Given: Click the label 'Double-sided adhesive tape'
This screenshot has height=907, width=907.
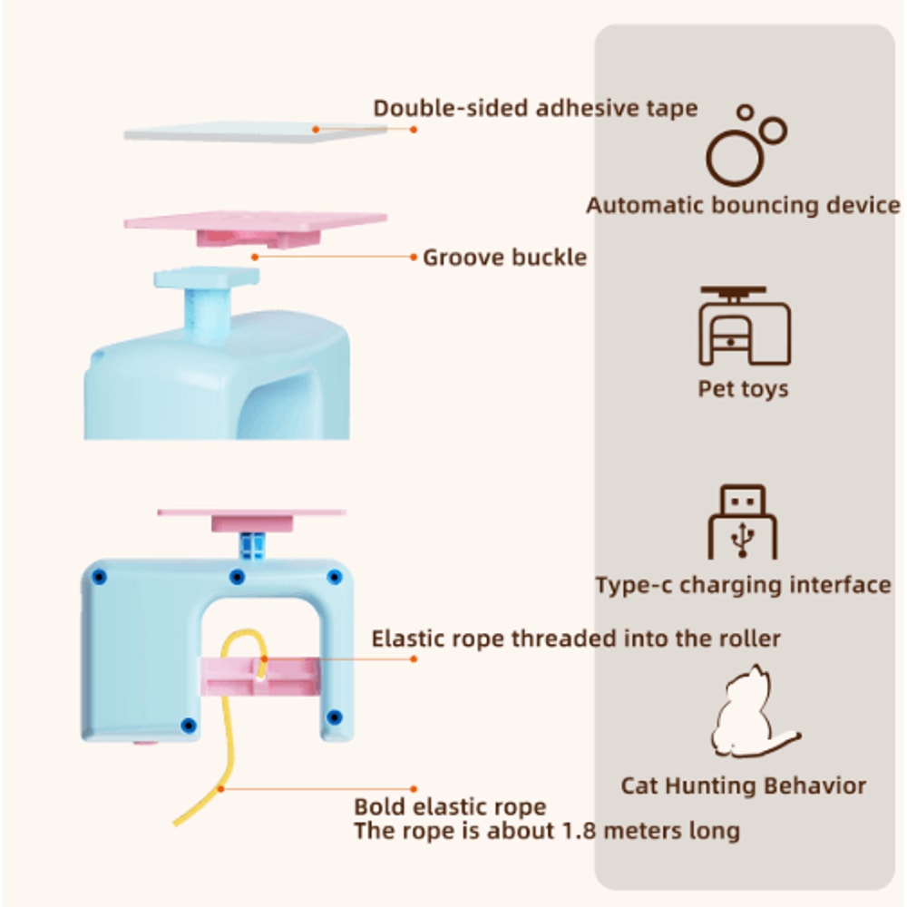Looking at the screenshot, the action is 535,108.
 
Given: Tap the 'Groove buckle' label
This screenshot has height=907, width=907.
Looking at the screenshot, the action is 504,258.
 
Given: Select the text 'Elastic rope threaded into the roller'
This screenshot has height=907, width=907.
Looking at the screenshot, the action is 576,639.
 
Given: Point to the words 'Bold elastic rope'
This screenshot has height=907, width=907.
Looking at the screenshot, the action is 450,806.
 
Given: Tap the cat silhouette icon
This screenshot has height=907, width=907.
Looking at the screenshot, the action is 752,712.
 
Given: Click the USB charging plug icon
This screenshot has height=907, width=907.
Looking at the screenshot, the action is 743,522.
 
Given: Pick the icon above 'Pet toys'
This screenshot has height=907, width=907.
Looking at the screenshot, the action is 745,326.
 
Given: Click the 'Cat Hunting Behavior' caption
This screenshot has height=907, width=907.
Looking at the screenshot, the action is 744,785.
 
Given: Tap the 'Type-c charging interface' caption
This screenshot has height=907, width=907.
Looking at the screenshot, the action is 744,585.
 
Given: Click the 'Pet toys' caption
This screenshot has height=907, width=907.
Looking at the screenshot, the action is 744,389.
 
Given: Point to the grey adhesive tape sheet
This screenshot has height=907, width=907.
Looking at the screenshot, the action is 255,132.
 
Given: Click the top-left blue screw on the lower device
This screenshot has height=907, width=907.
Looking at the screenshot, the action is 100,577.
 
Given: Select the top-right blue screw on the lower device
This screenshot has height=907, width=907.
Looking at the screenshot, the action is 335,577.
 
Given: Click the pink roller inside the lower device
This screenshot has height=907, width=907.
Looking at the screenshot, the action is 259,677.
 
